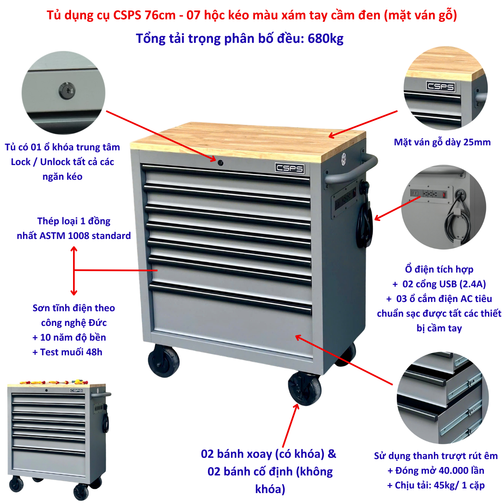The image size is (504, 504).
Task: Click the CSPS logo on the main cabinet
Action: (x=289, y=168)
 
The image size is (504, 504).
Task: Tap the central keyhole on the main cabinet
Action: (x=220, y=163)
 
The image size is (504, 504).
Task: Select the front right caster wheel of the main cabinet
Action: (x=304, y=389)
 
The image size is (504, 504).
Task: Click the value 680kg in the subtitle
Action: (x=325, y=39)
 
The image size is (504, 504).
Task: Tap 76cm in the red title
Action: (x=160, y=15)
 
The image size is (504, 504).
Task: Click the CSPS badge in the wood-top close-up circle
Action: (x=441, y=87)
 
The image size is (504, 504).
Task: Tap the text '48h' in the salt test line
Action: (x=94, y=352)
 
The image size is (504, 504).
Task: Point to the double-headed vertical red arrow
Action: (x=74, y=270)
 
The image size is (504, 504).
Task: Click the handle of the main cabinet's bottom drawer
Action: (x=230, y=298)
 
